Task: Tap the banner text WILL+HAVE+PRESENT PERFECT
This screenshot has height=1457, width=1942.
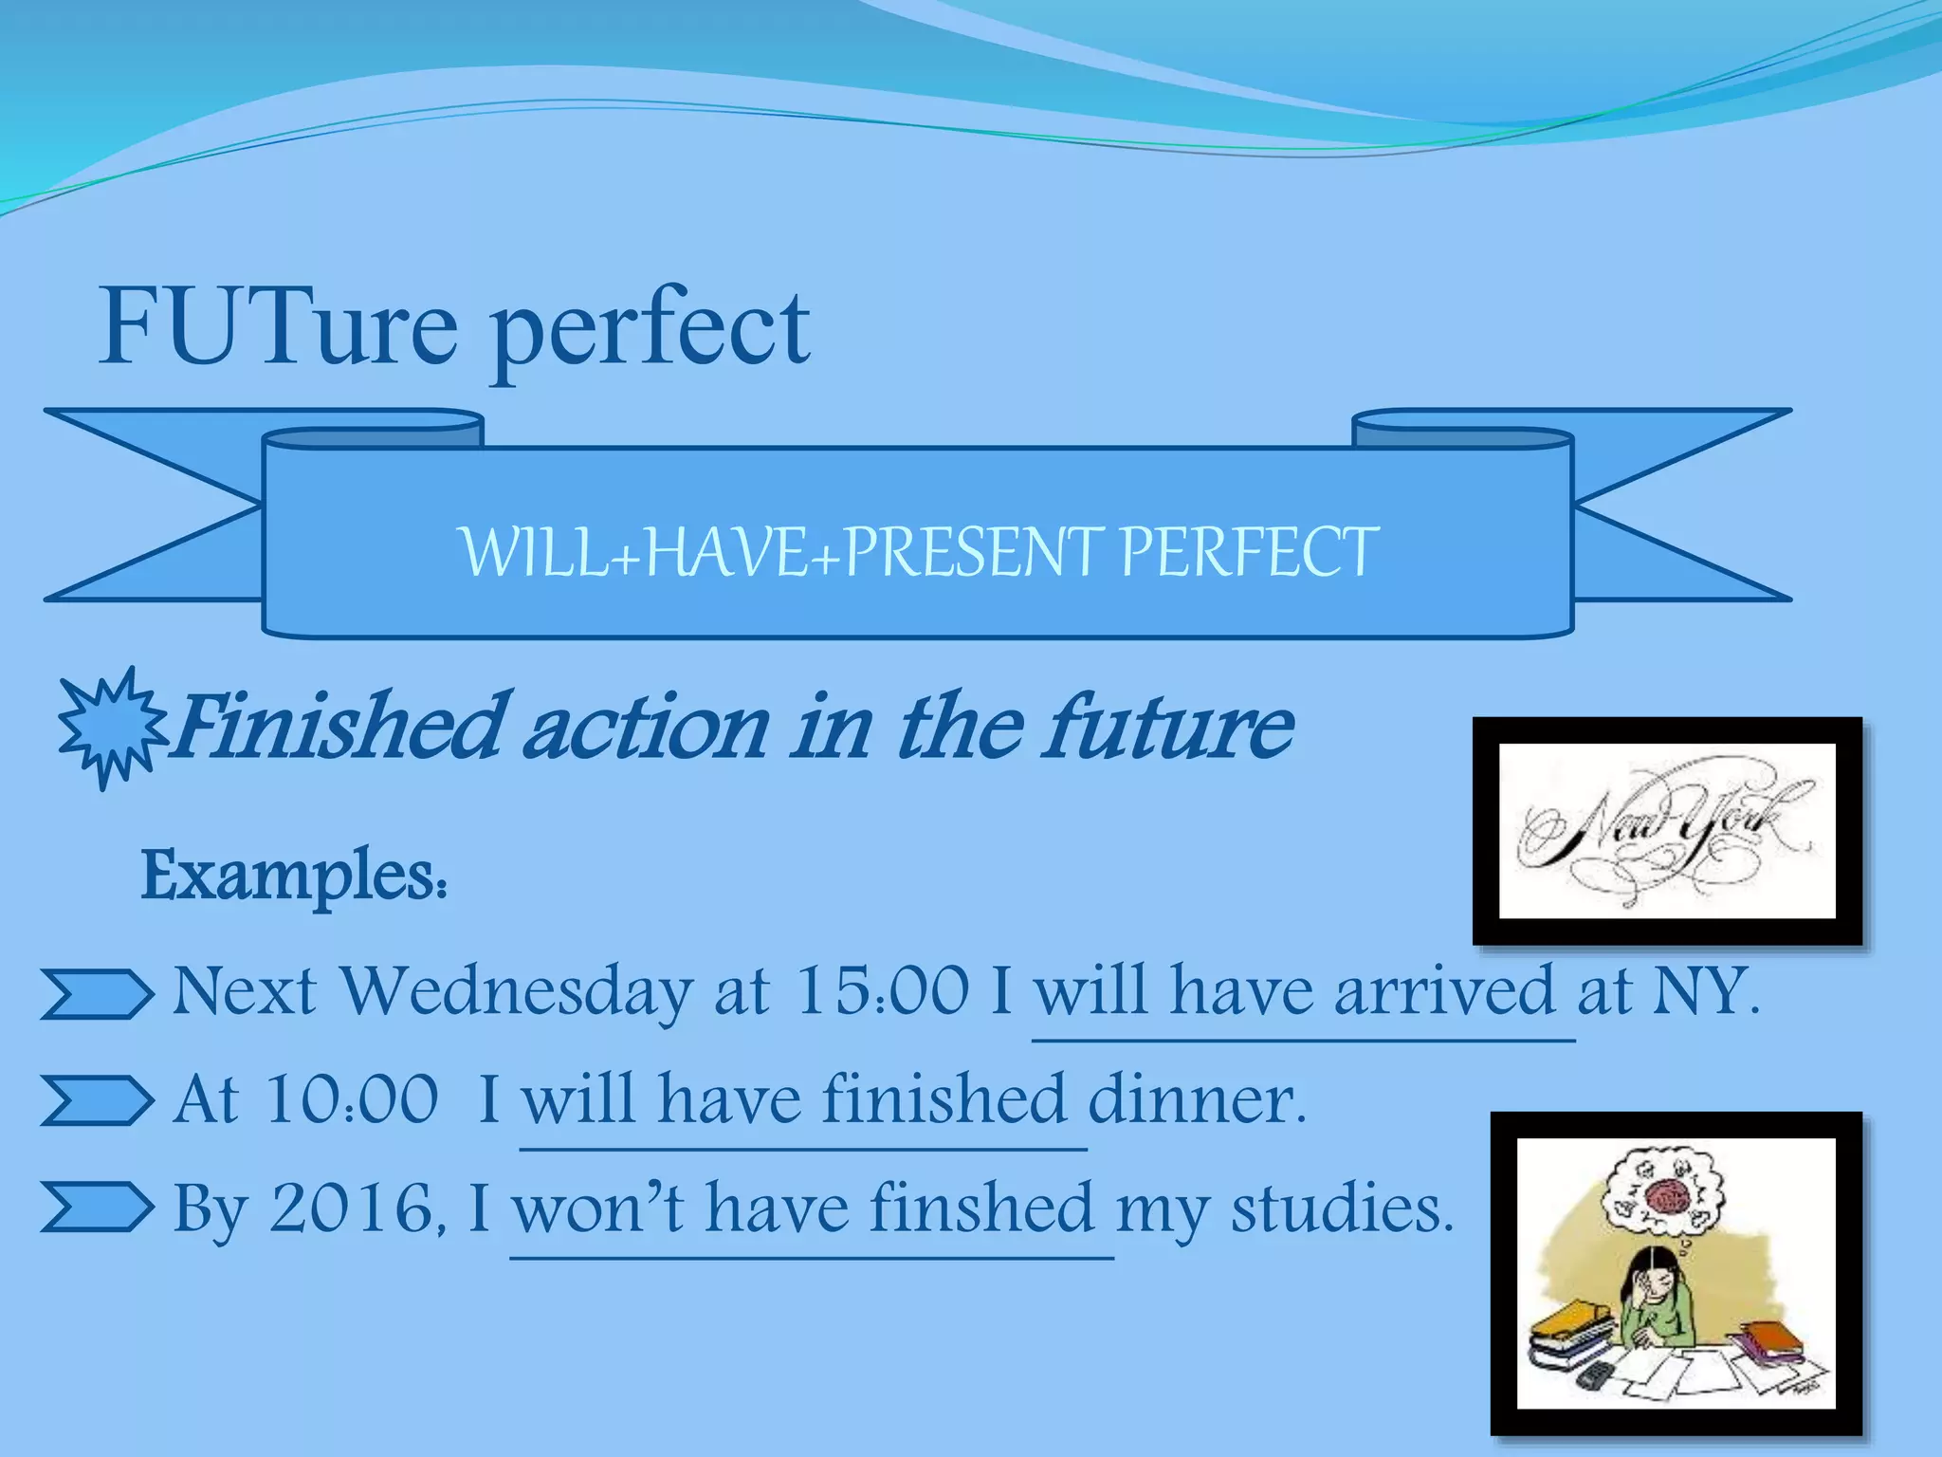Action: tap(918, 551)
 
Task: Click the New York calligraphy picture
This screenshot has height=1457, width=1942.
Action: tap(1666, 831)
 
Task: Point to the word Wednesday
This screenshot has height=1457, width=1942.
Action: tap(517, 991)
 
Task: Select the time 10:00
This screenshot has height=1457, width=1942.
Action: tap(352, 1100)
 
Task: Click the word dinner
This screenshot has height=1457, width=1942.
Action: tap(1197, 1100)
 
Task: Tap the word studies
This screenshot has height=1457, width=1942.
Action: tap(1341, 1209)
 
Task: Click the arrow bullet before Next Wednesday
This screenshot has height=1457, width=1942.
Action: tap(97, 994)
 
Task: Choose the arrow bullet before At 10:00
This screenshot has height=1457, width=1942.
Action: tap(97, 1101)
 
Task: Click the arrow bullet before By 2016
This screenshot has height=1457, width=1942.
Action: tap(97, 1208)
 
